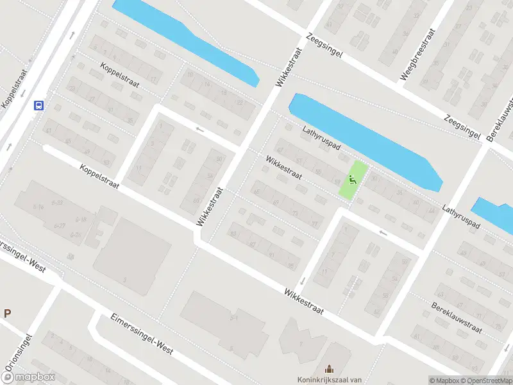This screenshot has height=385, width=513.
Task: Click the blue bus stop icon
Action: pyautogui.click(x=39, y=106)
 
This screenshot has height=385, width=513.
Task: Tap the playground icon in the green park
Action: pyautogui.click(x=352, y=180)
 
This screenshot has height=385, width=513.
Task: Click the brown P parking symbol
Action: pyautogui.click(x=8, y=314)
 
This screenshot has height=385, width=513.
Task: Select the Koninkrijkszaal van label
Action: pyautogui.click(x=328, y=379)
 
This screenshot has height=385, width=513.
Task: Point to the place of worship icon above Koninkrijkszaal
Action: pyautogui.click(x=329, y=368)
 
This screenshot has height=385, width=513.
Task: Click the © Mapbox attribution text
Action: pyautogui.click(x=446, y=381)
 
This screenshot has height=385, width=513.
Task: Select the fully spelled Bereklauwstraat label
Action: pyautogui.click(x=456, y=318)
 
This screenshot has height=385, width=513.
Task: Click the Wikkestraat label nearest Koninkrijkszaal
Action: pyautogui.click(x=304, y=301)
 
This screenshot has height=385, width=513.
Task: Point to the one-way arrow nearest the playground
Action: pyautogui.click(x=383, y=232)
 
